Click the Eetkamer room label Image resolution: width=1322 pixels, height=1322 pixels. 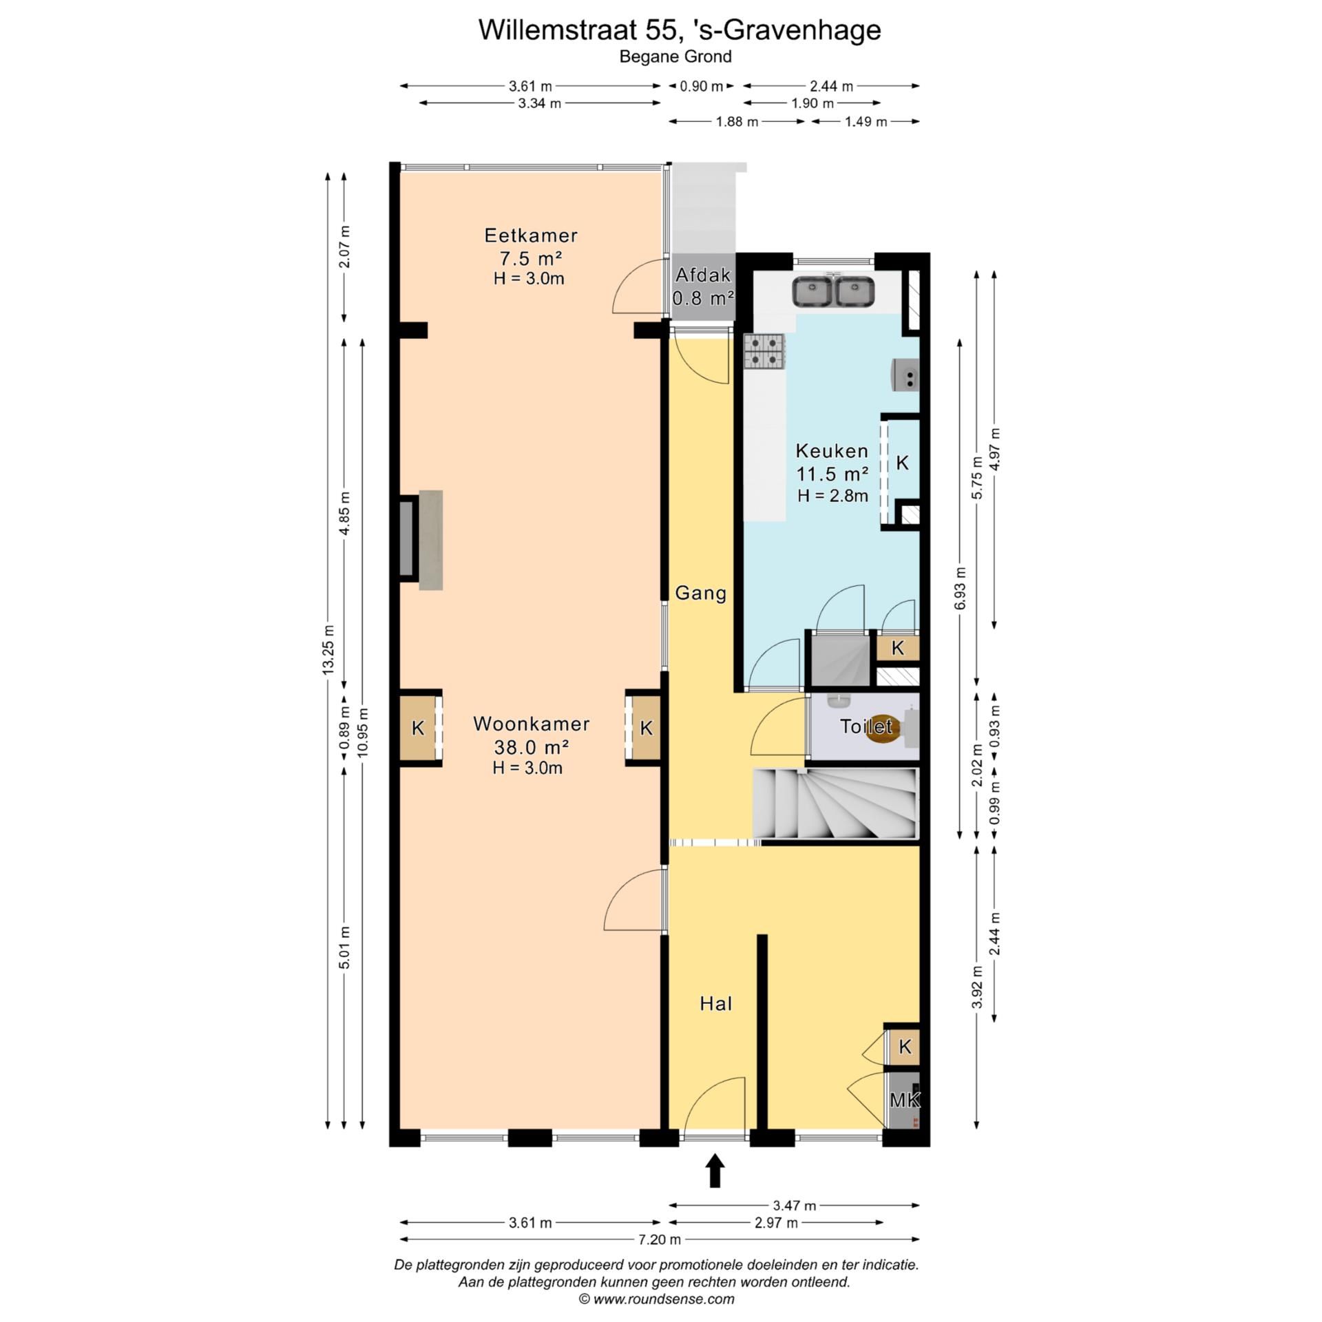point(530,235)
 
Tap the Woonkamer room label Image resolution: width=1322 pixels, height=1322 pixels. point(531,724)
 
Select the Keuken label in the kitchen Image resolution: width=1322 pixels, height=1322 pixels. point(832,451)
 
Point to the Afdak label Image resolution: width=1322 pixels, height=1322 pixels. point(702,275)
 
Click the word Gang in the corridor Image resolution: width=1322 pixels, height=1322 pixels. point(700,593)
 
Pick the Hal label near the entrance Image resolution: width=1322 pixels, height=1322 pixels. point(715,1004)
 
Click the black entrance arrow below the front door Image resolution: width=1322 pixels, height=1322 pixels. point(715,1170)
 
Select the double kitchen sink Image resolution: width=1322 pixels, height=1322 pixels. point(834,291)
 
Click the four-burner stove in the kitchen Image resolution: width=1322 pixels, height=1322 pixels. point(764,352)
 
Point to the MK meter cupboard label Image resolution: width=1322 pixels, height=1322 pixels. point(904,1100)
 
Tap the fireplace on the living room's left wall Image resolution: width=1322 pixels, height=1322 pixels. point(419,540)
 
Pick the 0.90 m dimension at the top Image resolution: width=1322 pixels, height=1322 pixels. point(702,86)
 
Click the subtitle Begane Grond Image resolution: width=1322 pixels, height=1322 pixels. point(675,56)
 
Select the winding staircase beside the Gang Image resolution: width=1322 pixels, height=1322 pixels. point(836,804)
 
